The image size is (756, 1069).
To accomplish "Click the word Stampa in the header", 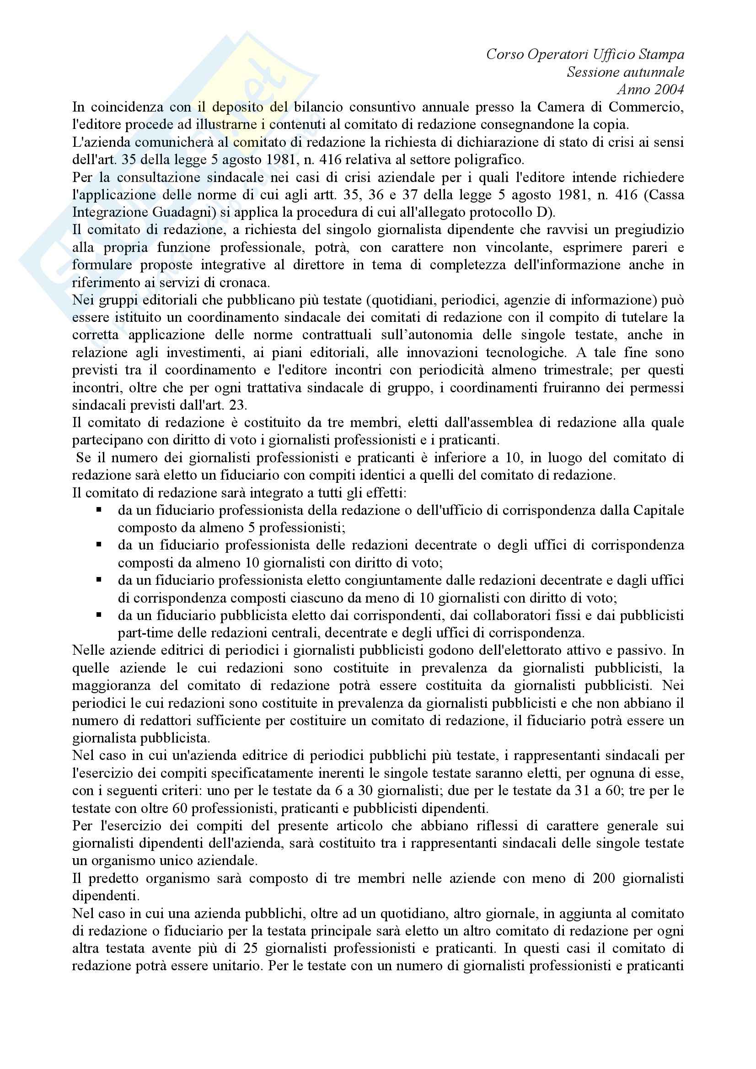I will pyautogui.click(x=661, y=54).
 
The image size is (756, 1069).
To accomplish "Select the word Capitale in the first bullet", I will pyautogui.click(x=659, y=510).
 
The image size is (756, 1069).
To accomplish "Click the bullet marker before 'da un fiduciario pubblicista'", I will pyautogui.click(x=99, y=615).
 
